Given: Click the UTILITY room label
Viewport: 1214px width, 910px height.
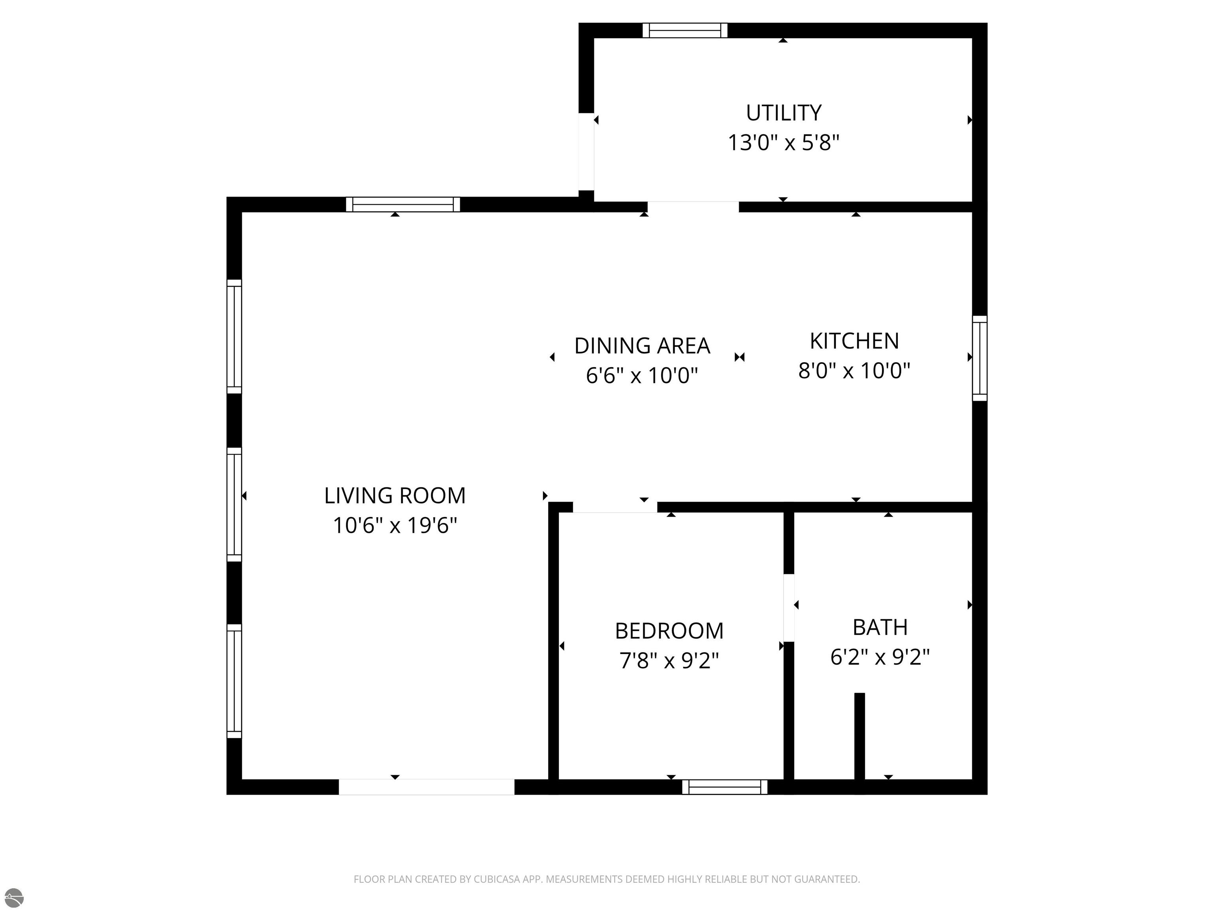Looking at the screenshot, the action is pyautogui.click(x=783, y=113).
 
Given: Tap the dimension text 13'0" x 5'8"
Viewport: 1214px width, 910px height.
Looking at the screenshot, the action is pyautogui.click(x=783, y=143).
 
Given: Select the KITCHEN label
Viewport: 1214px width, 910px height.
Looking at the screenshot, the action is pyautogui.click(x=854, y=341).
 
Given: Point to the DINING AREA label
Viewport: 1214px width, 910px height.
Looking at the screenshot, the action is pyautogui.click(x=642, y=346).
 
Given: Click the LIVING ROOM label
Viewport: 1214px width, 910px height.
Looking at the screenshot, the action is pyautogui.click(x=395, y=496).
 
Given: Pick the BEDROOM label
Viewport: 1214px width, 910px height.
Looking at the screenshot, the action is pyautogui.click(x=669, y=631).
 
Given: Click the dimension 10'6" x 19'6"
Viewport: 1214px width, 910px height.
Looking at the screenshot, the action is pyautogui.click(x=395, y=525).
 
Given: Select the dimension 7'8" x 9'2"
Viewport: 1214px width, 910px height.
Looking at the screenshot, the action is pyautogui.click(x=669, y=660).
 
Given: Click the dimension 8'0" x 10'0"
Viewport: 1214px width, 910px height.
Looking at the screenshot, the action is pyautogui.click(x=854, y=371).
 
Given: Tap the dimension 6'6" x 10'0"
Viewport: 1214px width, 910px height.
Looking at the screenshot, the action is pyautogui.click(x=642, y=376).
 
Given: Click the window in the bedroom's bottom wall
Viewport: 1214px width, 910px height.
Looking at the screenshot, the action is pyautogui.click(x=725, y=787).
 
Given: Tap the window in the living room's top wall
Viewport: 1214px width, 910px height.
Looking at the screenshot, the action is pyautogui.click(x=403, y=205).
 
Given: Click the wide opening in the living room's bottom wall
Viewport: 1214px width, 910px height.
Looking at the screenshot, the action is pyautogui.click(x=426, y=787).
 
